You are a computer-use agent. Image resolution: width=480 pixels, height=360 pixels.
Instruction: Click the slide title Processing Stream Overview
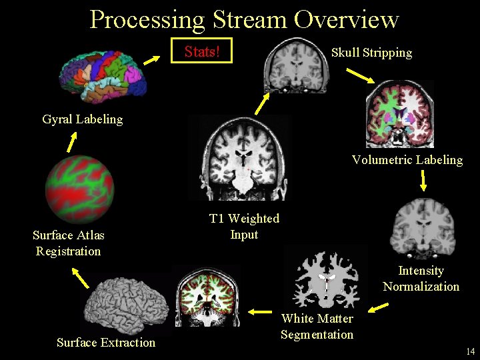[244, 20]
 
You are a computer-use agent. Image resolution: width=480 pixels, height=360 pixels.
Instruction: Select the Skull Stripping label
[371, 52]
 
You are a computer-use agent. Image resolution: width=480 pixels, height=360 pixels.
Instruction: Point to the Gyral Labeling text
[82, 119]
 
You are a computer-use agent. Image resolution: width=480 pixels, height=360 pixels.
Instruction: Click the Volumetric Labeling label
[407, 160]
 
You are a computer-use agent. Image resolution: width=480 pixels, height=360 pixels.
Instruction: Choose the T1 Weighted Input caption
[244, 227]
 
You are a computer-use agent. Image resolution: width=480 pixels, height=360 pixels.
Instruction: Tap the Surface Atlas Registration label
[69, 243]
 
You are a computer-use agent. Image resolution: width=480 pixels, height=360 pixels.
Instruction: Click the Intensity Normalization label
[421, 279]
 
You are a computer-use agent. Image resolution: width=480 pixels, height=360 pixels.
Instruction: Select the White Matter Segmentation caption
[317, 327]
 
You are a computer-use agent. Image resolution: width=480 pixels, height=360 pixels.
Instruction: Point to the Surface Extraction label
[105, 343]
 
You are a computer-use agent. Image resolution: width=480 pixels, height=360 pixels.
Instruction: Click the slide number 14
[470, 351]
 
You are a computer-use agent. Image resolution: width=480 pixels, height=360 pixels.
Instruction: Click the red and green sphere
[79, 189]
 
